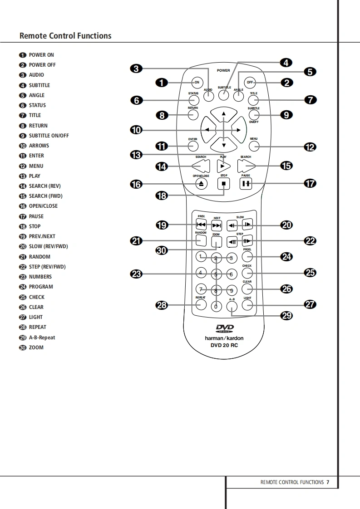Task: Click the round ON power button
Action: pos(197,82)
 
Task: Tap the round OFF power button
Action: pos(250,82)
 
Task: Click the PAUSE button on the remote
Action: pos(246,184)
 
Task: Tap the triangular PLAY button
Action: pos(222,166)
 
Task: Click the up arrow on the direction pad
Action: pos(223,114)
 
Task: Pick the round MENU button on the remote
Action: pos(254,146)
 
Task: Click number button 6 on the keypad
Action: pos(231,274)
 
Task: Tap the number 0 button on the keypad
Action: pos(216,306)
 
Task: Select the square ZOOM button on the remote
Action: pos(216,241)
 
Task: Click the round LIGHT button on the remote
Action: pos(247,304)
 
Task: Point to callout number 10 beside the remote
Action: pos(136,130)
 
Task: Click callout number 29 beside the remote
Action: pos(286,316)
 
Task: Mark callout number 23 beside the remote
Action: pos(136,274)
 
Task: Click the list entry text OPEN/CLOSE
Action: pos(43,206)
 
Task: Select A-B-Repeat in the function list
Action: pos(42,338)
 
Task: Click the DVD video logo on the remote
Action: pos(224,329)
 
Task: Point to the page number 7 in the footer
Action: pos(328,482)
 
